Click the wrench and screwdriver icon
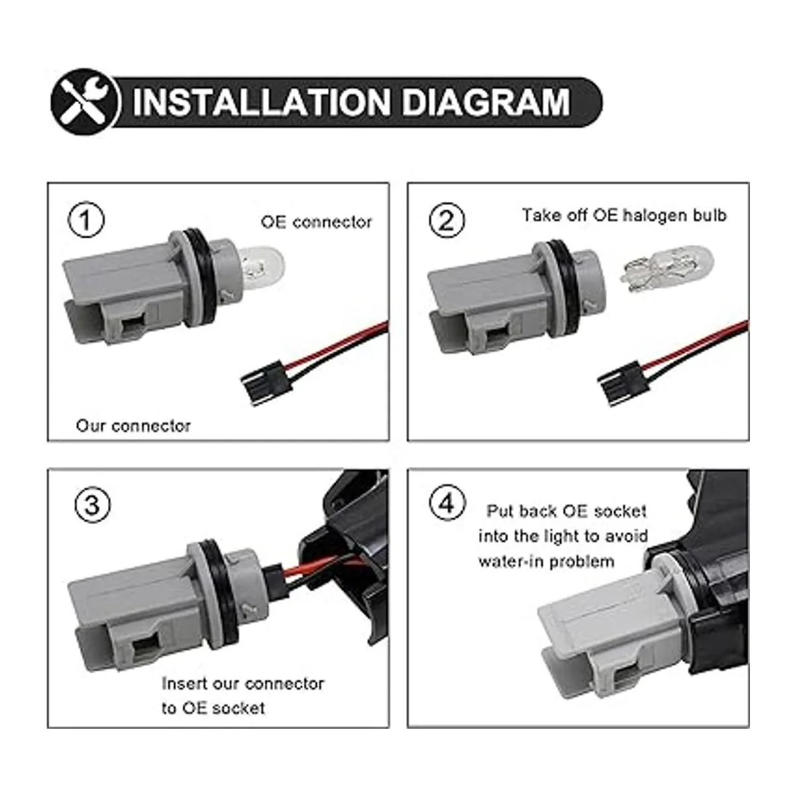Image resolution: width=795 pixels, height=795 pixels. (x=85, y=101)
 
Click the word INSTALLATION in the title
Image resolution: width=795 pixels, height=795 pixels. (x=262, y=102)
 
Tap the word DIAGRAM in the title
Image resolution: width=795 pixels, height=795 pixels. (x=486, y=102)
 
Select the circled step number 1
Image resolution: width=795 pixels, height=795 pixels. (x=86, y=219)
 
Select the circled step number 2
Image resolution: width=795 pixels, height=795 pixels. (x=447, y=219)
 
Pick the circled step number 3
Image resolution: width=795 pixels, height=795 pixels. (x=92, y=505)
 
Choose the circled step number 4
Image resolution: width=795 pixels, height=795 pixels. (x=448, y=503)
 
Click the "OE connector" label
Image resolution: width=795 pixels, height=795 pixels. (x=316, y=223)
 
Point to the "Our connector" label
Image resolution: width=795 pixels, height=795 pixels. (x=133, y=426)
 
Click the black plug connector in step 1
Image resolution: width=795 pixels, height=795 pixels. (x=267, y=382)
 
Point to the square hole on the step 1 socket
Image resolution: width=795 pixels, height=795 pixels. (x=134, y=328)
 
